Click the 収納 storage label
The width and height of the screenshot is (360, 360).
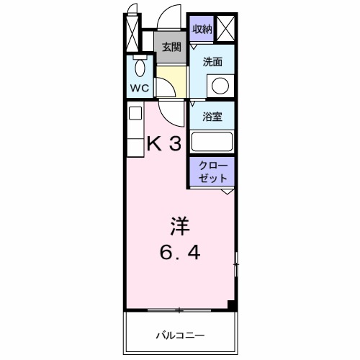click(x=202, y=29)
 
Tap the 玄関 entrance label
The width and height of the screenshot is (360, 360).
click(x=171, y=48)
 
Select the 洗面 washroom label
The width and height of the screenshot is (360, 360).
click(x=212, y=62)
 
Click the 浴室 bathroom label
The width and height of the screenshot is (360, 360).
click(x=212, y=115)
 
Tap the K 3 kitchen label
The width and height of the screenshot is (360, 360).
click(x=163, y=143)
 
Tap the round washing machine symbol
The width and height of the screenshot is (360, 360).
click(x=220, y=87)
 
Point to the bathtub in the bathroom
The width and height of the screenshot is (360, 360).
click(x=212, y=141)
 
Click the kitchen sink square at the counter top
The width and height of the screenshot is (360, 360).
click(x=135, y=113)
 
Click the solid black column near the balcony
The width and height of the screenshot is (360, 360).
click(x=232, y=305)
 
